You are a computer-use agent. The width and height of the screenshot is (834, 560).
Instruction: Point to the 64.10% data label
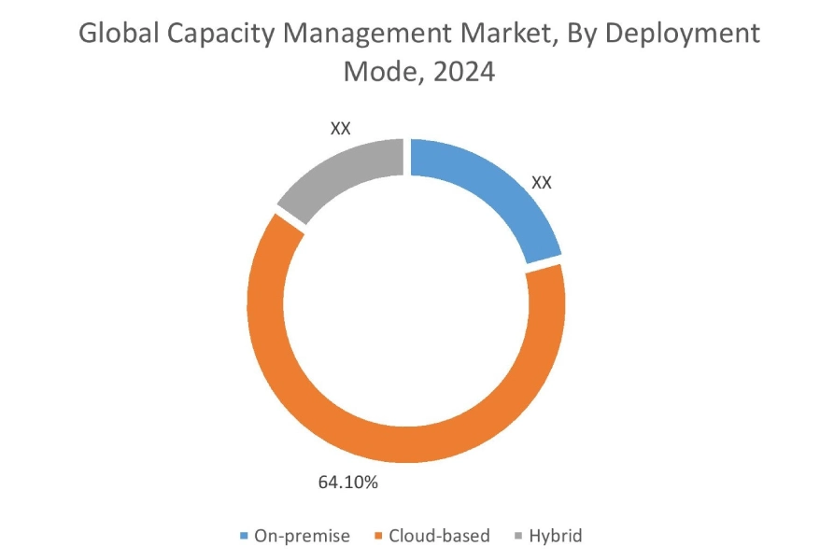click(347, 483)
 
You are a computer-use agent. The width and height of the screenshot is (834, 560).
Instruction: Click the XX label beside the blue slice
click(542, 182)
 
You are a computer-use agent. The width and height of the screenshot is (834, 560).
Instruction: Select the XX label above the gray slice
click(341, 128)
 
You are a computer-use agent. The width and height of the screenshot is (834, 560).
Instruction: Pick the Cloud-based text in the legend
click(439, 536)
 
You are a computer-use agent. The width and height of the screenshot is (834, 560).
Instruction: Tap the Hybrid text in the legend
click(555, 536)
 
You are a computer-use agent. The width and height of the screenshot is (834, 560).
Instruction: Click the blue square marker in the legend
click(246, 537)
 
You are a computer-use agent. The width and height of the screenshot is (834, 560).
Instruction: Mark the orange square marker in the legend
click(378, 537)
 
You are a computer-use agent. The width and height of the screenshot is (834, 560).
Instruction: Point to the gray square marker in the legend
click(518, 537)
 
